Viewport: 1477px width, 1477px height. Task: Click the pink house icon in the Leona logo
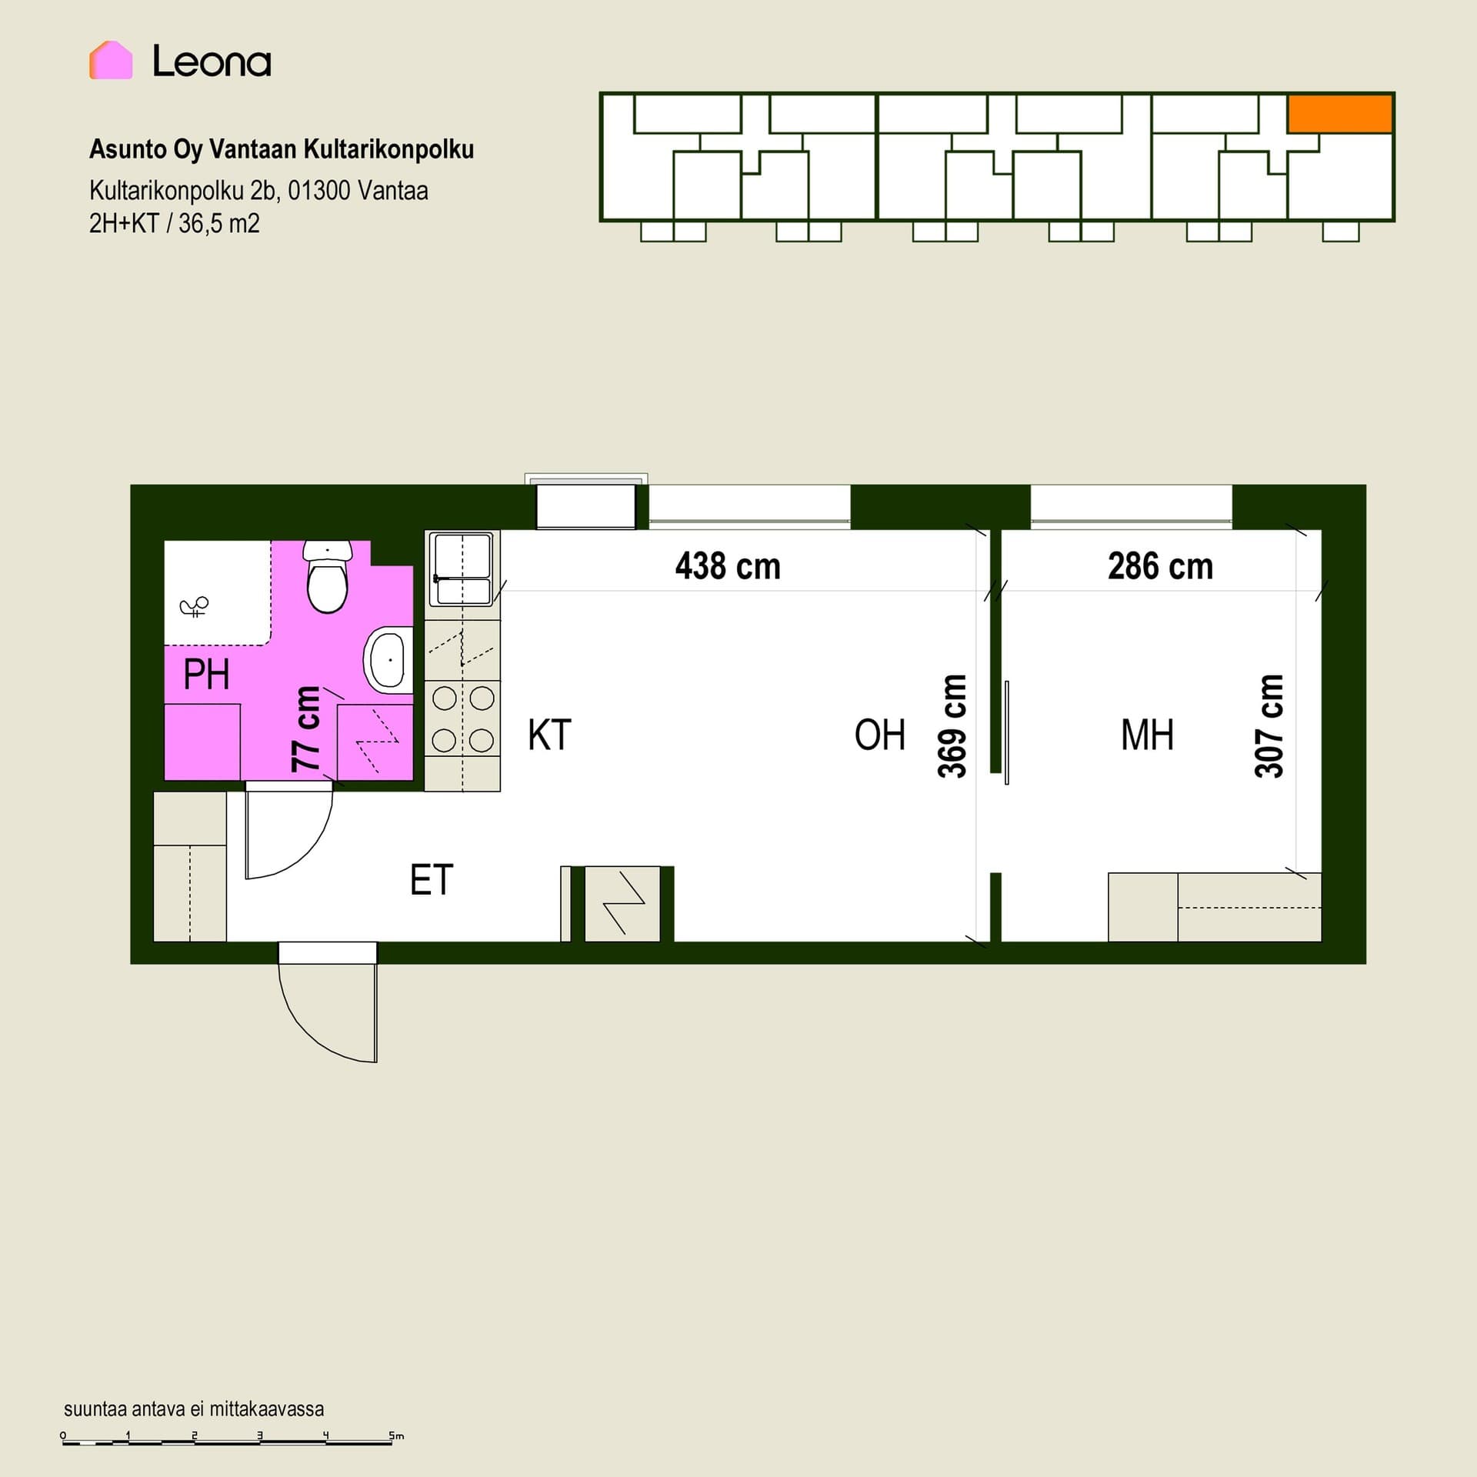111,60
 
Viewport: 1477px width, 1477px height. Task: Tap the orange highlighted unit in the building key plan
1340,114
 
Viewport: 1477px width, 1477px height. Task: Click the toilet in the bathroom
328,576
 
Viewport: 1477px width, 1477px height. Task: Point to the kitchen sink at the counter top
462,569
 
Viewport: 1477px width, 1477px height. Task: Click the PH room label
206,675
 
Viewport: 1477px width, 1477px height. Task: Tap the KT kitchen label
549,735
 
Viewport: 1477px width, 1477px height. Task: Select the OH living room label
880,735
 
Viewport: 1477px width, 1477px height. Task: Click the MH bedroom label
1147,735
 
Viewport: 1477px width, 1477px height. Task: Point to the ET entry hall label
432,880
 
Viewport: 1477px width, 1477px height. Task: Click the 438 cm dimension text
728,566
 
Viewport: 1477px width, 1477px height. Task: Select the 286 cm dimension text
1160,566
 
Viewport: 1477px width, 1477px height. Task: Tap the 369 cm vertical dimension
952,726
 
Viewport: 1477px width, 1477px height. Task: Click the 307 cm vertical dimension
1269,726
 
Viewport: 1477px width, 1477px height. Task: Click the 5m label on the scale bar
396,1435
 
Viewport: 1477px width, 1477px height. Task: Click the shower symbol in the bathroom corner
194,607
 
